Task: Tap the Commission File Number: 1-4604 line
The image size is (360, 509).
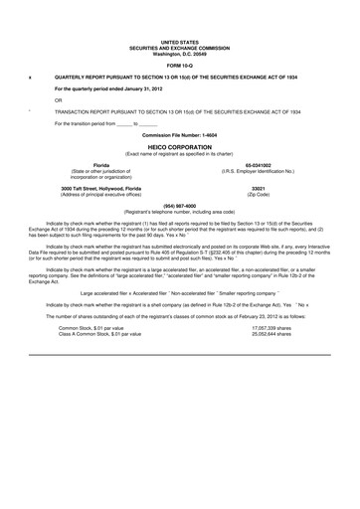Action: click(x=180, y=133)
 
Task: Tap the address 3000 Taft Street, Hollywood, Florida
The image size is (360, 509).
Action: click(x=94, y=188)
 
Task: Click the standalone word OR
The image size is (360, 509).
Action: click(x=59, y=99)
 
